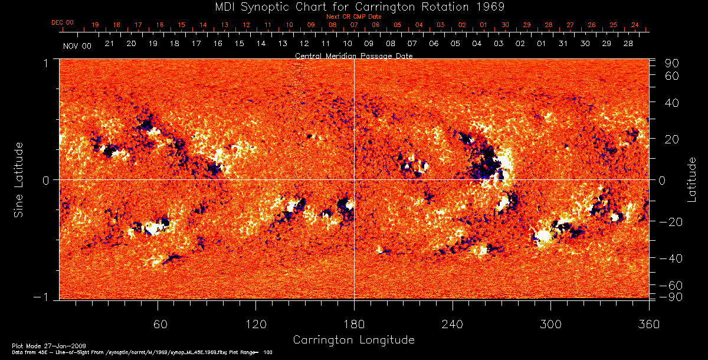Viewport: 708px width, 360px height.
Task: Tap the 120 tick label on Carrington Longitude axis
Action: [x=256, y=324]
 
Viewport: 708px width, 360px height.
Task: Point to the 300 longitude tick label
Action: [x=550, y=324]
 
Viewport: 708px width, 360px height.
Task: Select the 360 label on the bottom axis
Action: [x=649, y=324]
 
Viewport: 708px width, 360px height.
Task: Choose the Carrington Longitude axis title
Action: [x=353, y=340]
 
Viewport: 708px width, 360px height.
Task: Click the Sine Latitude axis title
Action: [x=19, y=179]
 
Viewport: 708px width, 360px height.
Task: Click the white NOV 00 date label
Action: [x=77, y=45]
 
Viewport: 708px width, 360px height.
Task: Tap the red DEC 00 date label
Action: [x=63, y=22]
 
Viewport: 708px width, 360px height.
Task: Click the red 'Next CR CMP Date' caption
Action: [x=354, y=17]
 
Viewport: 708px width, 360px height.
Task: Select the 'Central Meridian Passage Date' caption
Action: [x=353, y=55]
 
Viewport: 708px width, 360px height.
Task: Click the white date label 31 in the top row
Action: [x=563, y=44]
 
